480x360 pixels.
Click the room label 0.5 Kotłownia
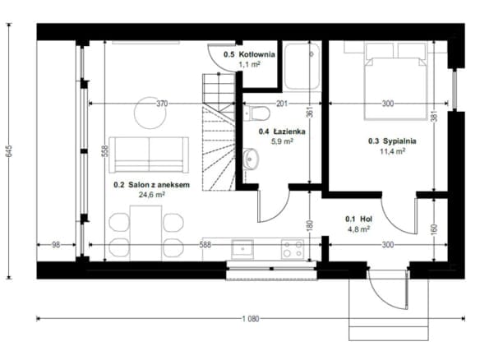[x=249, y=54]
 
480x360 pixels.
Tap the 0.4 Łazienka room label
[x=282, y=132]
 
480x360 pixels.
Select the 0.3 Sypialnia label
[x=392, y=141]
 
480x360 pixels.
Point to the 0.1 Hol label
[x=359, y=219]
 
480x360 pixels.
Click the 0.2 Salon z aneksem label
[x=151, y=185]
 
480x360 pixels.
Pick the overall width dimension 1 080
[x=251, y=319]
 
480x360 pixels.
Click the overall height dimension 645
[x=9, y=151]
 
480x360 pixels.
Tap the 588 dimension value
[x=205, y=245]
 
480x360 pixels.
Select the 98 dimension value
[x=56, y=245]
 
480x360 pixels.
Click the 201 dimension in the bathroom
[x=282, y=104]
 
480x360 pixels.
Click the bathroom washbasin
[x=251, y=159]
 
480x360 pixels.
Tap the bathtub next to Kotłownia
[x=302, y=66]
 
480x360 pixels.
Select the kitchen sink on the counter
[x=242, y=249]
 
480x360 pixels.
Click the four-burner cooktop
[x=293, y=249]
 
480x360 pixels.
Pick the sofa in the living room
[x=149, y=155]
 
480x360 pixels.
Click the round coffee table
[x=150, y=113]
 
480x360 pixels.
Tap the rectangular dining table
[x=145, y=233]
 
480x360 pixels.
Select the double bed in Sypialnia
[x=395, y=81]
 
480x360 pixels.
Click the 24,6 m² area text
[x=152, y=195]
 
